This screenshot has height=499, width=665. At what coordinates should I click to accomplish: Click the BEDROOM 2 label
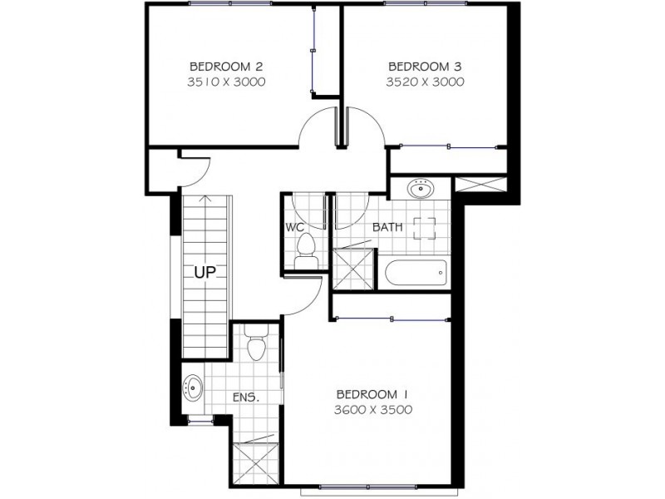[x=215, y=66]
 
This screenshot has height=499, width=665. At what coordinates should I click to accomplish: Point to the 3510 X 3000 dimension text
[x=215, y=82]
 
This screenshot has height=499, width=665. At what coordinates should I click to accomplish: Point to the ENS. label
[x=247, y=398]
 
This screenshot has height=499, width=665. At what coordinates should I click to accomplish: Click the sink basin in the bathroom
[x=421, y=190]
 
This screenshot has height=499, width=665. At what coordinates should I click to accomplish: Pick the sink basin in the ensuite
[x=194, y=387]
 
